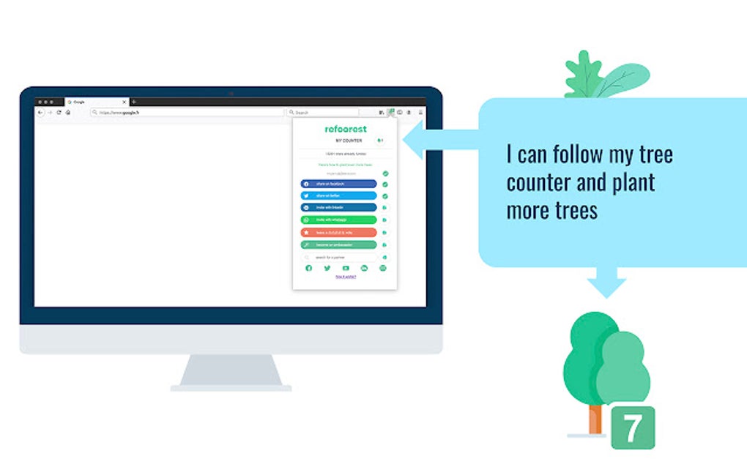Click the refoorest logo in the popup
346,130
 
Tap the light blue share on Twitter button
339,196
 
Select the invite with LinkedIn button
339,208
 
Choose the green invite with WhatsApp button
339,220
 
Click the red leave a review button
339,232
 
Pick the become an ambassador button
339,244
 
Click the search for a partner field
341,258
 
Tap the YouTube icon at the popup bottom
346,269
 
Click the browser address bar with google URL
187,113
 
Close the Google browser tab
124,102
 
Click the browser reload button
59,113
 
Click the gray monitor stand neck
231,370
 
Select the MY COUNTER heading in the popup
349,141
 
